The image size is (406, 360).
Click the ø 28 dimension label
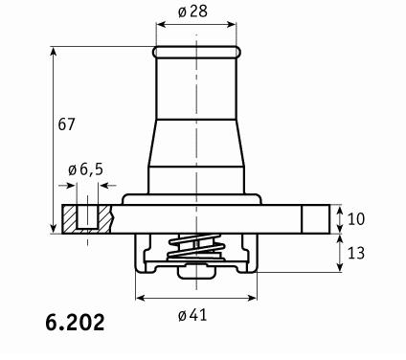click(192, 11)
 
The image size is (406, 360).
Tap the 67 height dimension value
click(66, 124)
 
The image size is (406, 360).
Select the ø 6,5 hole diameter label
click(86, 169)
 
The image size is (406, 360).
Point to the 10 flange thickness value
click(355, 219)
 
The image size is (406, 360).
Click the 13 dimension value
click(355, 253)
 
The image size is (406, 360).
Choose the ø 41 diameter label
click(192, 315)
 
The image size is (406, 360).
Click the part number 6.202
click(75, 323)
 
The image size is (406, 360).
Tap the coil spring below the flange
click(195, 247)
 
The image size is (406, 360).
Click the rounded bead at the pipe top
click(196, 53)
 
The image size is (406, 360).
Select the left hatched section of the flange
click(69, 219)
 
